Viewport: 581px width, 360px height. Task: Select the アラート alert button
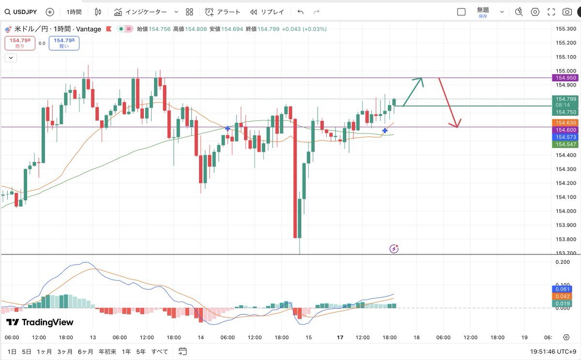222,12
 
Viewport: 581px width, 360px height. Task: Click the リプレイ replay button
267,12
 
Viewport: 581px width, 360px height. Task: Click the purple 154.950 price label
566,78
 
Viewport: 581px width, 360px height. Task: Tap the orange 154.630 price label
566,123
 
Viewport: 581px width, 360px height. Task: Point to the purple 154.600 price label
566,130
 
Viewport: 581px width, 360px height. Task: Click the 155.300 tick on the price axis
566,29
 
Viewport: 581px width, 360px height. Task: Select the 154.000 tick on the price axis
566,211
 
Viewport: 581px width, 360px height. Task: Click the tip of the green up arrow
422,79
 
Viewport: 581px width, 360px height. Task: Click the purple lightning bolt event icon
394,249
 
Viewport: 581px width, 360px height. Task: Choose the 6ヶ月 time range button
85,351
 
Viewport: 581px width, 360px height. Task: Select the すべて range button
160,351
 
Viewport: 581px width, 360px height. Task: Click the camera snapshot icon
567,12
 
